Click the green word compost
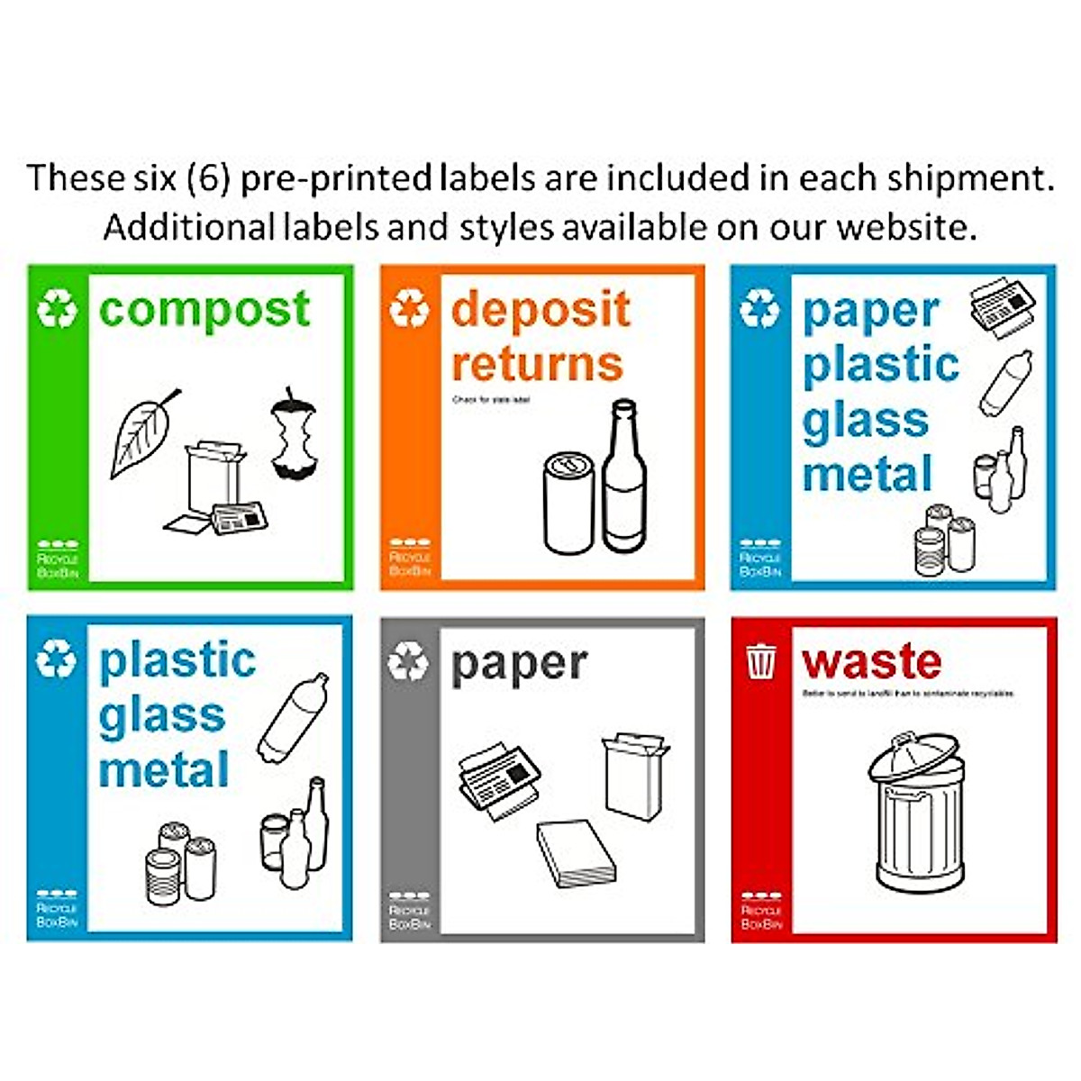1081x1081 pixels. click(x=204, y=311)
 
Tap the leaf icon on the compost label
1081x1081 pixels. click(x=144, y=434)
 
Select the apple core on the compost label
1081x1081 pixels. click(x=294, y=434)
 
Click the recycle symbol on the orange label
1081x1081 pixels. click(x=409, y=309)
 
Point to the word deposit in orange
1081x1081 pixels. click(x=540, y=309)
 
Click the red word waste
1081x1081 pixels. click(x=871, y=662)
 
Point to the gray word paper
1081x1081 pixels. click(x=519, y=665)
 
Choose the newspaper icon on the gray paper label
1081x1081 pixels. click(x=498, y=779)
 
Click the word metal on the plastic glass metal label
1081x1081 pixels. click(x=163, y=771)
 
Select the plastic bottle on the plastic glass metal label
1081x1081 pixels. click(x=294, y=717)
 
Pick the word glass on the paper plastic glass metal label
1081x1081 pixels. click(x=865, y=422)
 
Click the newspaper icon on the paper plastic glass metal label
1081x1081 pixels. click(x=1003, y=311)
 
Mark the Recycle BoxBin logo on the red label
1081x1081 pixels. click(x=761, y=911)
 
